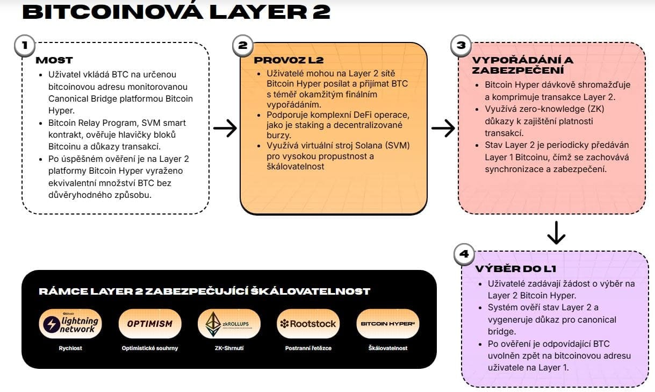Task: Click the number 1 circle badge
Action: [x=24, y=45]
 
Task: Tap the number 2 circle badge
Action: [x=242, y=45]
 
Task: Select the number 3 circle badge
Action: [x=460, y=45]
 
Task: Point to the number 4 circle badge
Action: [x=464, y=254]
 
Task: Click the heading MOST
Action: [x=54, y=60]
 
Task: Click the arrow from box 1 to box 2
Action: [x=225, y=128]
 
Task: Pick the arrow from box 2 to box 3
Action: [x=443, y=128]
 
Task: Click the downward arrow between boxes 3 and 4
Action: [x=556, y=232]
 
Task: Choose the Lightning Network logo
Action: [x=70, y=324]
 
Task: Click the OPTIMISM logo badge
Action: [x=150, y=324]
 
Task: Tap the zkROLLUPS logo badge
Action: [x=229, y=324]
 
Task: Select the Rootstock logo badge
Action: [x=308, y=324]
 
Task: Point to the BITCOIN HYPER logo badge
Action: [x=388, y=324]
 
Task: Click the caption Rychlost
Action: [x=70, y=348]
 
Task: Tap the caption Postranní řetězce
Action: [x=308, y=348]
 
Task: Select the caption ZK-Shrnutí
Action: [x=229, y=348]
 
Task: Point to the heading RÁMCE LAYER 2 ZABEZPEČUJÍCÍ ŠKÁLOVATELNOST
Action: [x=204, y=291]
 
